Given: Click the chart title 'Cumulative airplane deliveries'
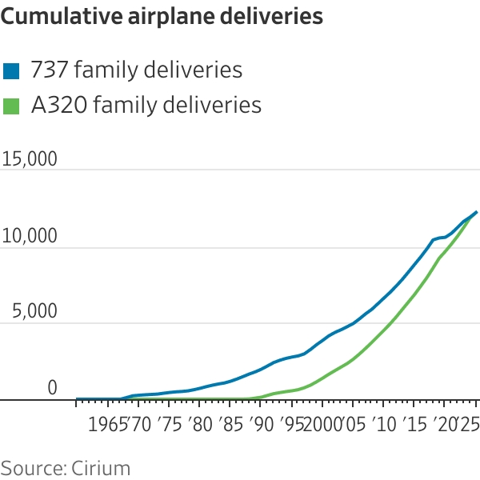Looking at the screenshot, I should click(x=162, y=17).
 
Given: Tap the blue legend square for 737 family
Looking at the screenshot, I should click(x=12, y=70).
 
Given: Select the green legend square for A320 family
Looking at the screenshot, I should click(x=12, y=105).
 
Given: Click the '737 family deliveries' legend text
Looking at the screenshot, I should click(x=136, y=70).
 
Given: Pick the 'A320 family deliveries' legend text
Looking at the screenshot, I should click(x=146, y=105).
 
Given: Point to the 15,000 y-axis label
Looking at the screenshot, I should click(x=30, y=158).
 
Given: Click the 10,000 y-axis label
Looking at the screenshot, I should click(x=30, y=236).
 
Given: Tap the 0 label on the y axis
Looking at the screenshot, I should click(x=52, y=388).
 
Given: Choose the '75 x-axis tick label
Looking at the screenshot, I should click(x=169, y=422).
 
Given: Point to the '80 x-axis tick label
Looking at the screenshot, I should click(x=200, y=422).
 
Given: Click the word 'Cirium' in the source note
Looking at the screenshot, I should click(x=100, y=467).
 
